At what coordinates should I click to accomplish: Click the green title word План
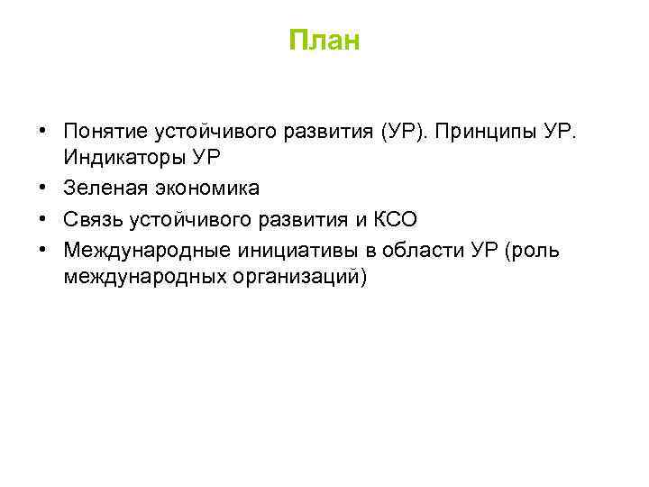tap(324, 41)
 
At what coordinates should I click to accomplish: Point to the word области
tap(419, 249)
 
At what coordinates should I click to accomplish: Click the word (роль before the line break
tap(534, 249)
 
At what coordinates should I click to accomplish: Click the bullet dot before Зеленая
tap(43, 188)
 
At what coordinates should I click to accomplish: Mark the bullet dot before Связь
tap(43, 218)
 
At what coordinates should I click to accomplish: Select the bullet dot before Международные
tap(43, 249)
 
